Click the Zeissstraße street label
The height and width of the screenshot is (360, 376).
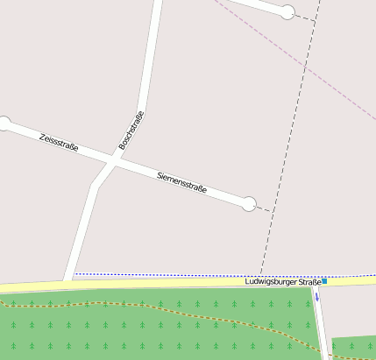pos(59,142)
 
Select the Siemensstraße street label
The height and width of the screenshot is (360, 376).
pos(181,183)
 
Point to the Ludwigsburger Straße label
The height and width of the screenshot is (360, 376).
pos(283,281)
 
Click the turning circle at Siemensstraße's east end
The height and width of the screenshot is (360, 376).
pos(249,204)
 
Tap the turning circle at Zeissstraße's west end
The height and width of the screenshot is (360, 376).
pos(4,124)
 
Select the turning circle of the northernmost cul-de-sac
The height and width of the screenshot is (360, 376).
pos(287,12)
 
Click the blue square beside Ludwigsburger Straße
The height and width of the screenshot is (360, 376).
pos(324,281)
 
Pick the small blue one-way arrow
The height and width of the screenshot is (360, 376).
pos(318,296)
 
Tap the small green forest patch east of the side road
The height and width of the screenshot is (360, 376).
pos(353,347)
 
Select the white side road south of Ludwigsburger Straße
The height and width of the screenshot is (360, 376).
pos(322,324)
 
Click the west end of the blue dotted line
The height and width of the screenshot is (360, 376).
pos(74,274)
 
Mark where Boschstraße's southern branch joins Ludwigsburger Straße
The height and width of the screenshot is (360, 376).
pos(68,281)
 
